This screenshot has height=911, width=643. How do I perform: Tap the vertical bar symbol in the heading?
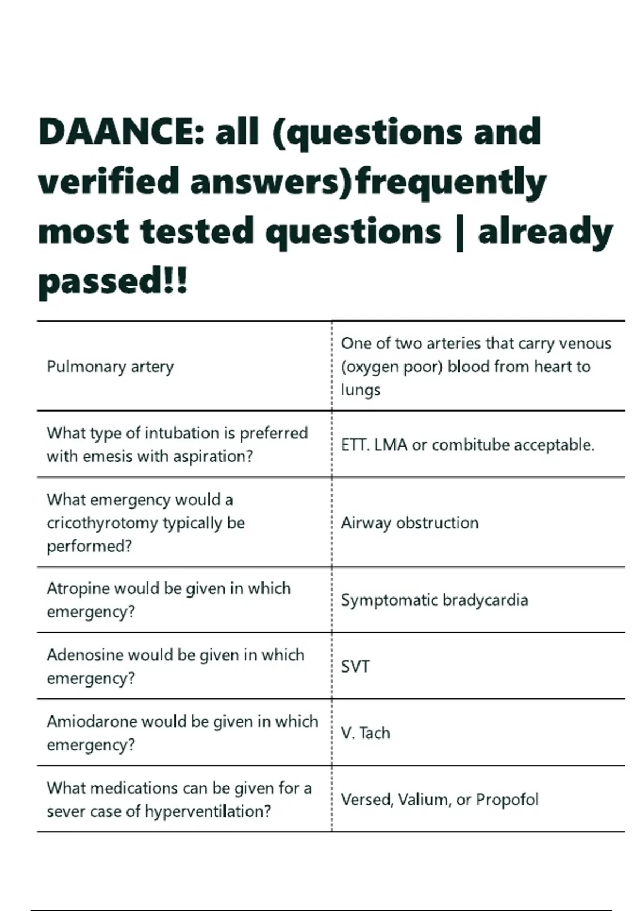(x=459, y=233)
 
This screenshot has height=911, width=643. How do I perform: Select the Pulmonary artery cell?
(x=110, y=367)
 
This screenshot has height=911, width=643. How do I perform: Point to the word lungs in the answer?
(x=361, y=390)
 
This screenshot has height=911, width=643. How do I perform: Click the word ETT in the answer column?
(x=354, y=445)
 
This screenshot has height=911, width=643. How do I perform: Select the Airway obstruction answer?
(x=410, y=523)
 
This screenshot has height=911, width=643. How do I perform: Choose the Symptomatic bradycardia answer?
(x=435, y=600)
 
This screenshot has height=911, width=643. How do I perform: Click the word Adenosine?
(x=83, y=655)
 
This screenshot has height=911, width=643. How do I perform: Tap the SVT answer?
(x=355, y=667)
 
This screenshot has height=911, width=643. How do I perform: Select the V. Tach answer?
(x=365, y=733)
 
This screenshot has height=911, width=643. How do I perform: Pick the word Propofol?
(x=507, y=800)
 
